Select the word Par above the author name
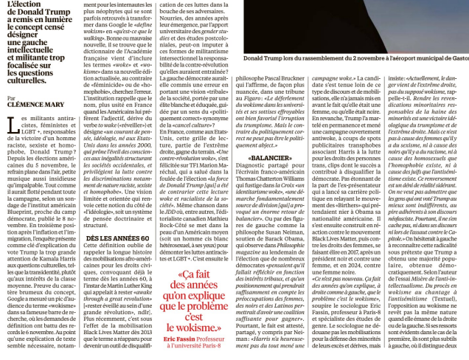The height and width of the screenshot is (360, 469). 12,97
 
